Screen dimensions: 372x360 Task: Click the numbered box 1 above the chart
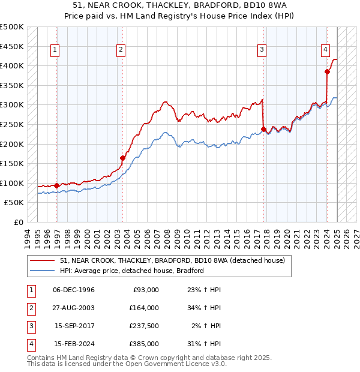[55, 50]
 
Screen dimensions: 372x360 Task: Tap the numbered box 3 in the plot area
[262, 50]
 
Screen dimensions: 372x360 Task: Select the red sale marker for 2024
[327, 72]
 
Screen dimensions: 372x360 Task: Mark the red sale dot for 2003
[122, 158]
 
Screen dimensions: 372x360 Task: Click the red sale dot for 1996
[56, 186]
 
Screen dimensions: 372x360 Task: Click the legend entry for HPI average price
[132, 271]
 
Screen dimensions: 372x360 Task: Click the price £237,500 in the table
[143, 326]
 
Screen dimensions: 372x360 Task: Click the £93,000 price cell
[146, 290]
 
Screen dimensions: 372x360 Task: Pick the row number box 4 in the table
[30, 344]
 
